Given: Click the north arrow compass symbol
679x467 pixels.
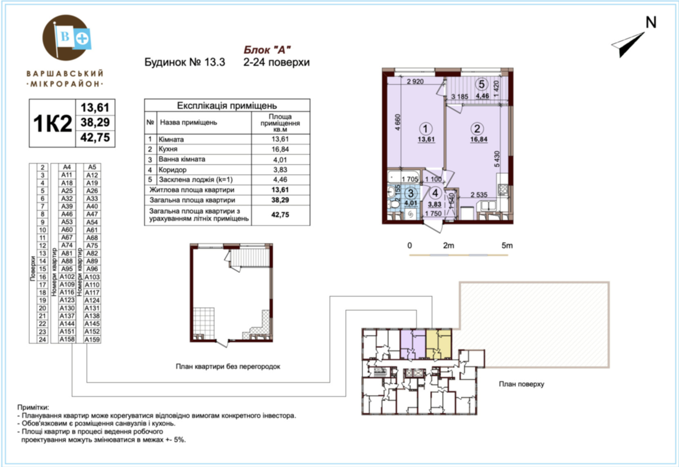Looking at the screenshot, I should click(628, 44).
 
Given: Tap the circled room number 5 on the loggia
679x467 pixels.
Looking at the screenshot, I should click(482, 84).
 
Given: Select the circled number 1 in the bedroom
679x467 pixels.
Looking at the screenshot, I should click(425, 129).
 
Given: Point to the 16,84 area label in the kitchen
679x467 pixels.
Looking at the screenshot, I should click(478, 139).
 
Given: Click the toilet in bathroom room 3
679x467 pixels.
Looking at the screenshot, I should click(394, 203).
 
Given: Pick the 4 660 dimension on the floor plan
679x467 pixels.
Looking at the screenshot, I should click(398, 122).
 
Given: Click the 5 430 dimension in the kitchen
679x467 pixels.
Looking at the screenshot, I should click(497, 159).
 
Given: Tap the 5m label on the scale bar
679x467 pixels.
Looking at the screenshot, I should click(507, 245).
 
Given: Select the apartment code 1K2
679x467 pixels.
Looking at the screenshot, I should click(53, 123).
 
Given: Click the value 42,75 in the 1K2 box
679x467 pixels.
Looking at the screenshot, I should click(95, 137).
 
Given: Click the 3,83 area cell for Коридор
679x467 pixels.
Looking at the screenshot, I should click(280, 169).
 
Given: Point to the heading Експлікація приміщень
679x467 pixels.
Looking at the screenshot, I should click(227, 106).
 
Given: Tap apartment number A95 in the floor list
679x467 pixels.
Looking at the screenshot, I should click(67, 269).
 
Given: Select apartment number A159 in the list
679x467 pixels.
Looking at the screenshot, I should click(92, 339).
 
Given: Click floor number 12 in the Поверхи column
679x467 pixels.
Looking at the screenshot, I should click(42, 245).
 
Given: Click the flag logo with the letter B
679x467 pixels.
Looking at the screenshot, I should click(73, 38).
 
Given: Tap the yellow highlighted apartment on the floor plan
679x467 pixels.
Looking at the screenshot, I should click(439, 344).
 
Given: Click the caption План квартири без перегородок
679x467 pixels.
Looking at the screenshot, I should click(228, 366).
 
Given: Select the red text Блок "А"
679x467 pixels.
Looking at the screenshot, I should click(267, 50).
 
